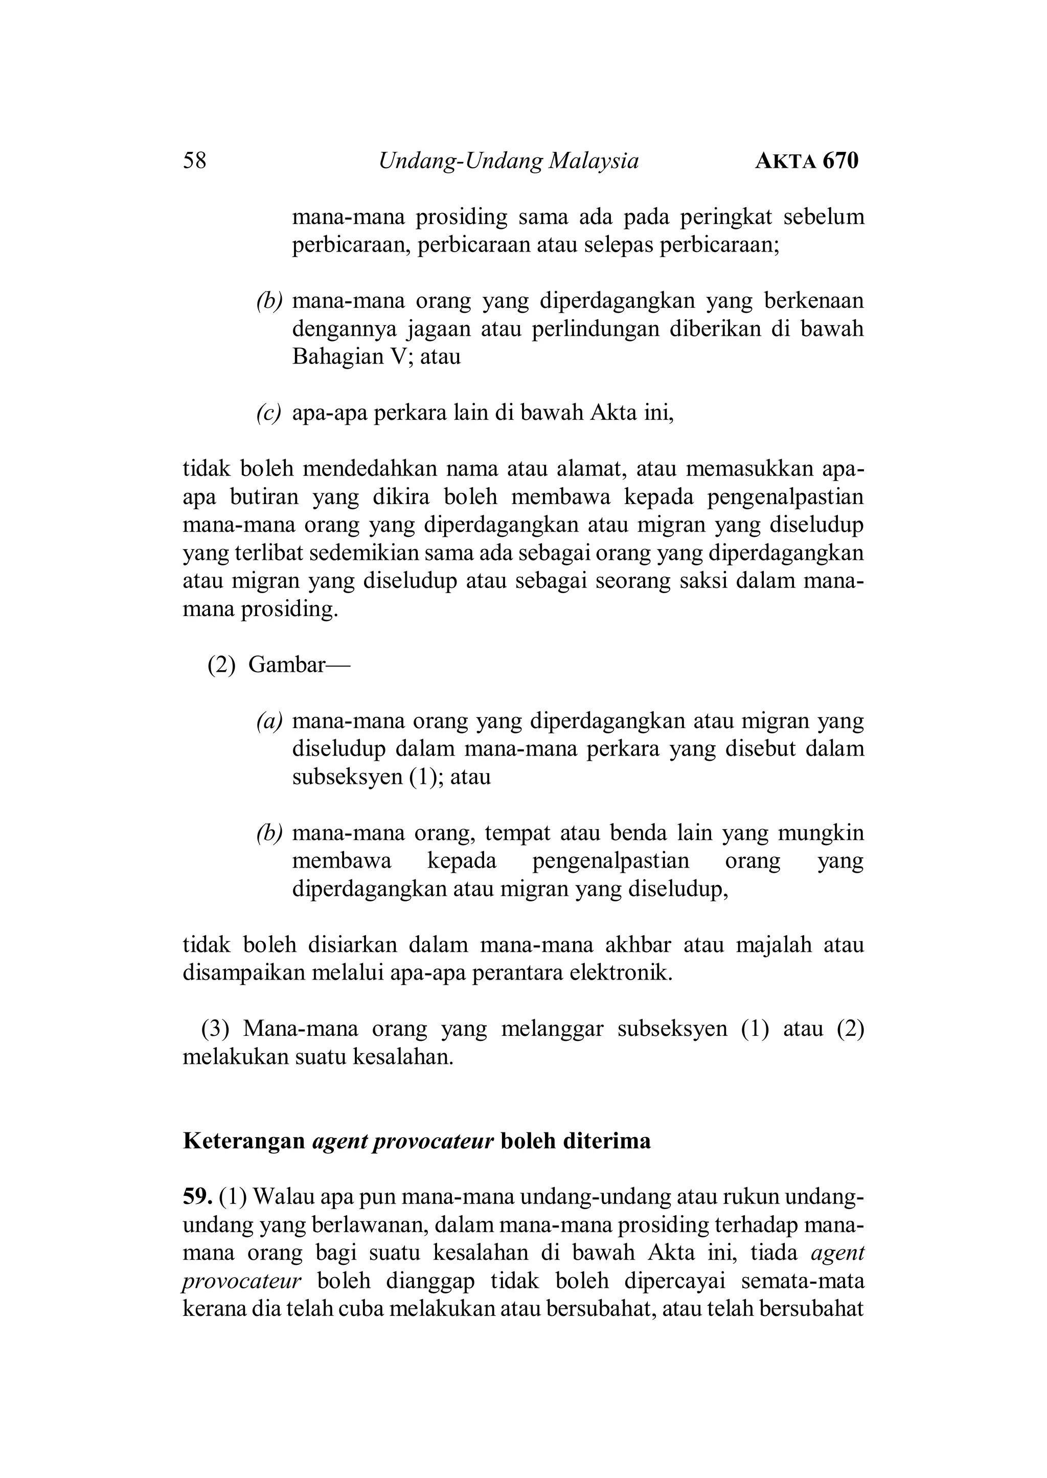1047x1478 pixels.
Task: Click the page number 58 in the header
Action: point(195,161)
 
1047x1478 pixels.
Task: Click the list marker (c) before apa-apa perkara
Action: point(269,413)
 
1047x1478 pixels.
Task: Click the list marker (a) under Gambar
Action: point(269,721)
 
